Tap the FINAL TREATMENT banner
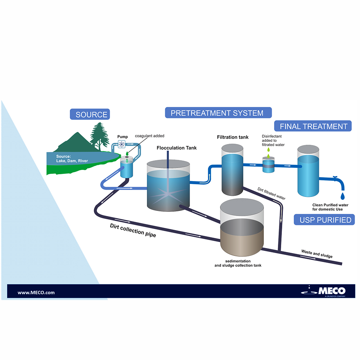(313, 126)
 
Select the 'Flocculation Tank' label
(177, 148)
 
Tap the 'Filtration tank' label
(233, 137)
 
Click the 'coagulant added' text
(149, 136)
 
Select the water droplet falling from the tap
(342, 196)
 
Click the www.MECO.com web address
(36, 292)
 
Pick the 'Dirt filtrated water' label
(271, 193)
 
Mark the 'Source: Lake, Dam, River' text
(72, 158)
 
